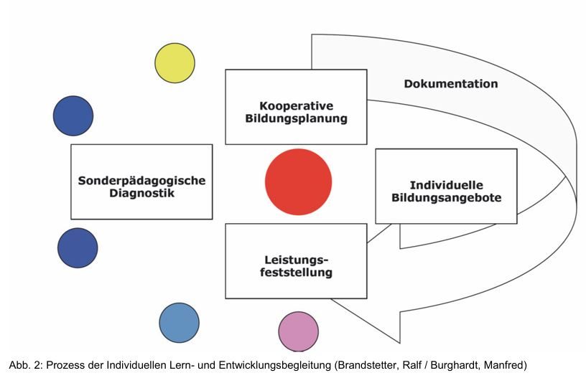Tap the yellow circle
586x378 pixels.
pyautogui.click(x=175, y=62)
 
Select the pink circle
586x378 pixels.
pyautogui.click(x=298, y=331)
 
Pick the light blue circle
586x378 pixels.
pyautogui.click(x=179, y=322)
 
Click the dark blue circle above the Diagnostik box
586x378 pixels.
pyautogui.click(x=73, y=115)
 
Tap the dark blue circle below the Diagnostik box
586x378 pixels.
pyautogui.click(x=78, y=247)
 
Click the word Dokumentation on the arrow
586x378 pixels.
pyautogui.click(x=450, y=84)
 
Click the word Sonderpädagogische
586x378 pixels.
pyautogui.click(x=141, y=181)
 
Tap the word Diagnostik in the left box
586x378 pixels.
pyautogui.click(x=141, y=193)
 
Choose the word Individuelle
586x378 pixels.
pyautogui.click(x=446, y=184)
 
